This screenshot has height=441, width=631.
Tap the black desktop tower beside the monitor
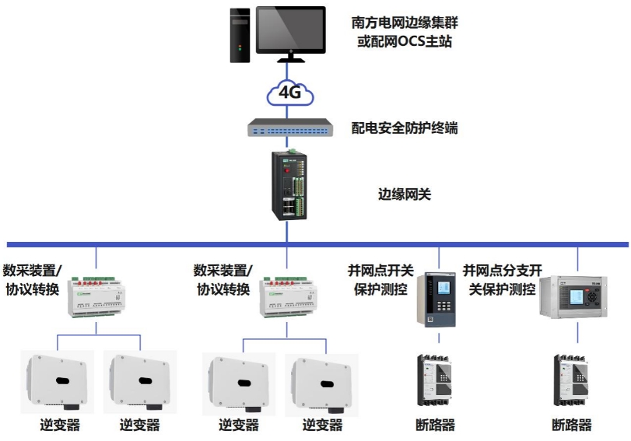click(x=240, y=34)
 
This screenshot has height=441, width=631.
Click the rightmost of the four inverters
click(x=321, y=382)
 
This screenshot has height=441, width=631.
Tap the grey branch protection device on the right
click(x=577, y=297)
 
